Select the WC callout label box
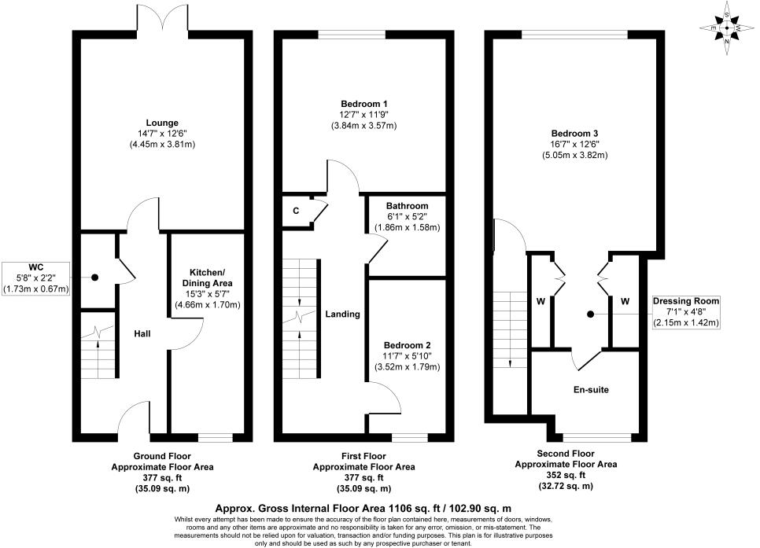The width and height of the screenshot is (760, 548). (36, 278)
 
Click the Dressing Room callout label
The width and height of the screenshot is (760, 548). (685, 311)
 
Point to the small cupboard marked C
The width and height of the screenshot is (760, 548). (296, 210)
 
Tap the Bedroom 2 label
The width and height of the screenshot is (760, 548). (407, 345)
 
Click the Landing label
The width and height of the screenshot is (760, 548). (342, 314)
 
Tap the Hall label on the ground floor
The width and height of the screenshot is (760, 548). (142, 333)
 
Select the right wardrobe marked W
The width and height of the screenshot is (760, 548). (625, 301)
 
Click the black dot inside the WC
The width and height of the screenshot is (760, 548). (94, 278)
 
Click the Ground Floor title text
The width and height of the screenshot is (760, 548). (162, 456)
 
